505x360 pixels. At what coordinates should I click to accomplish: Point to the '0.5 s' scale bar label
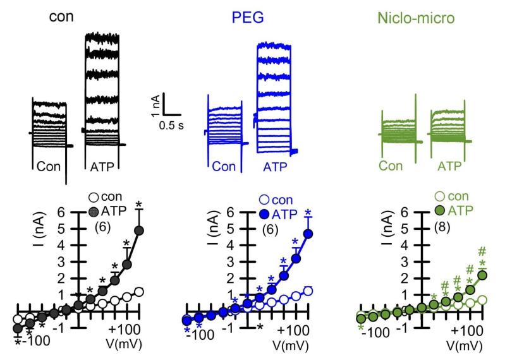171,125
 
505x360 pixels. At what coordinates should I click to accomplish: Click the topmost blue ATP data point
308,234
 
